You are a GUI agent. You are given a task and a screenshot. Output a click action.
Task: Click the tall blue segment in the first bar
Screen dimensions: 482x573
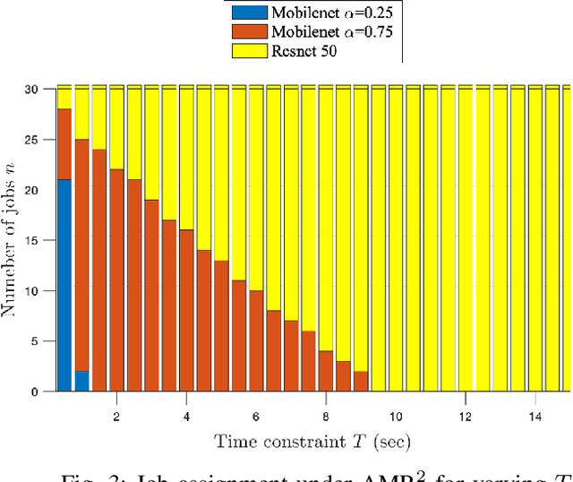pos(64,285)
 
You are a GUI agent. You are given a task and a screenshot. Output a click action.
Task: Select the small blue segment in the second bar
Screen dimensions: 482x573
pos(81,382)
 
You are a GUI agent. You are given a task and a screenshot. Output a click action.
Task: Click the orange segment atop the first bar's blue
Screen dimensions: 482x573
pos(64,144)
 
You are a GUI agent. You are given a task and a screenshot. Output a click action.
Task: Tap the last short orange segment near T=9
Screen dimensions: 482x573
pos(361,382)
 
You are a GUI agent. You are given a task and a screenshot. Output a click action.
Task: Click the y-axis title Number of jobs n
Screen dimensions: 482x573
pos(17,241)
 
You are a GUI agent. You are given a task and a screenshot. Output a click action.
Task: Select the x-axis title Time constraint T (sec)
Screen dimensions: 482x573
pos(313,441)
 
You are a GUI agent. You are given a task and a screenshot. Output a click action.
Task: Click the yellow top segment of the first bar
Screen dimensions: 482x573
pos(64,98)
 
